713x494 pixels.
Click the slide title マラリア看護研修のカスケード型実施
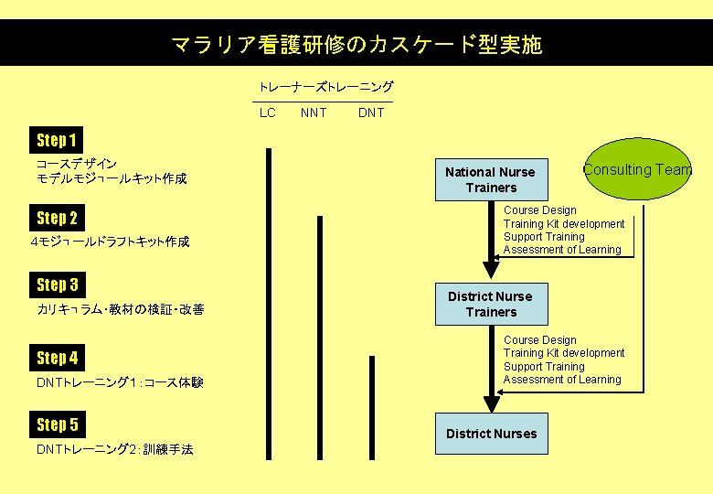point(356,44)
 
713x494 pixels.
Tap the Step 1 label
point(56,140)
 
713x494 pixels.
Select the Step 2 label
point(57,218)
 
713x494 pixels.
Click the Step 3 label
point(57,285)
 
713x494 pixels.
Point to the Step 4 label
point(57,358)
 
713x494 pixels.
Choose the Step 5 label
point(57,424)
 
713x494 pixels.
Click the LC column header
point(267,113)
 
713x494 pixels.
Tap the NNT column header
point(314,113)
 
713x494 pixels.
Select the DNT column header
point(371,113)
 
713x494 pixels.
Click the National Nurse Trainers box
point(491,179)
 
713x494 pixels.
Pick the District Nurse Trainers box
point(491,304)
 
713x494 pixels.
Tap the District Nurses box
point(491,434)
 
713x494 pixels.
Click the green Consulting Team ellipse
point(637,169)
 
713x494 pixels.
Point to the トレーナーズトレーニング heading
point(325,87)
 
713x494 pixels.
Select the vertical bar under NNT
point(320,335)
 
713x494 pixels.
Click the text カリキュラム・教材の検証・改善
point(121,310)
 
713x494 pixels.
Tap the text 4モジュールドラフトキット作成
point(110,242)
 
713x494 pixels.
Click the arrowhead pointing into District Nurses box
point(492,403)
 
